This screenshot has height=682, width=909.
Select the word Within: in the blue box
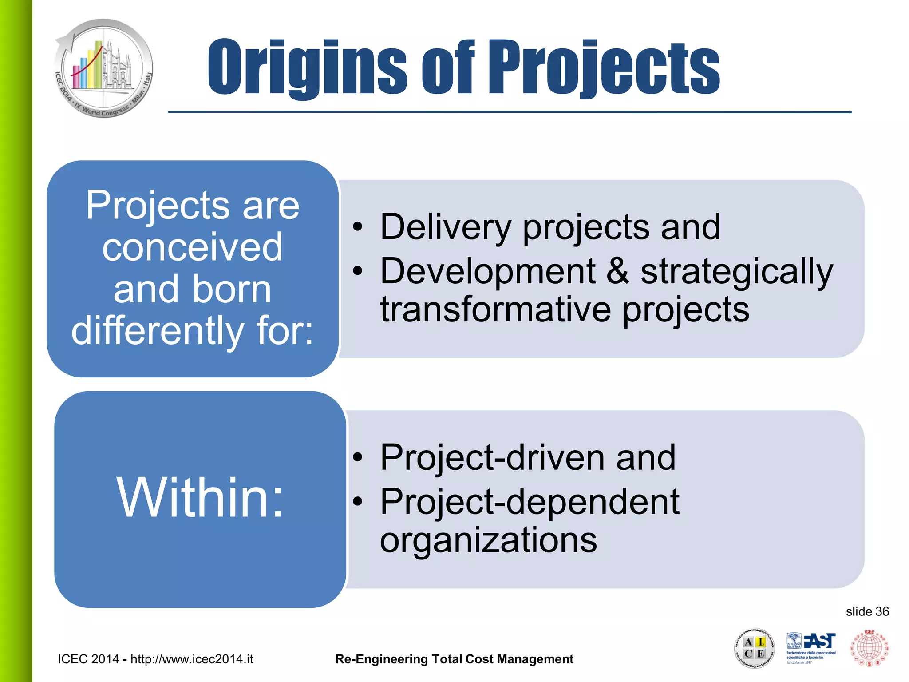click(200, 497)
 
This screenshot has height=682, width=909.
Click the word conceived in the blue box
click(192, 247)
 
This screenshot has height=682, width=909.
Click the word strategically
click(737, 272)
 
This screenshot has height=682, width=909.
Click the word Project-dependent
click(530, 502)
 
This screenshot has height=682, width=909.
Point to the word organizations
click(488, 540)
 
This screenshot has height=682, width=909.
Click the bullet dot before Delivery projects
click(358, 228)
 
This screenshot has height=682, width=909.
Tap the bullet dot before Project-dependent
click(358, 502)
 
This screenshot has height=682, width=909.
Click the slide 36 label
click(867, 612)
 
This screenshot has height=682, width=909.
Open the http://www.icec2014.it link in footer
click(192, 659)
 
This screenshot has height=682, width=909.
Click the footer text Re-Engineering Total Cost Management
click(454, 659)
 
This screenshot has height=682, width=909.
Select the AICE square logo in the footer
click(754, 648)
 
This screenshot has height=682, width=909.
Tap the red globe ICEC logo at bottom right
click(869, 648)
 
